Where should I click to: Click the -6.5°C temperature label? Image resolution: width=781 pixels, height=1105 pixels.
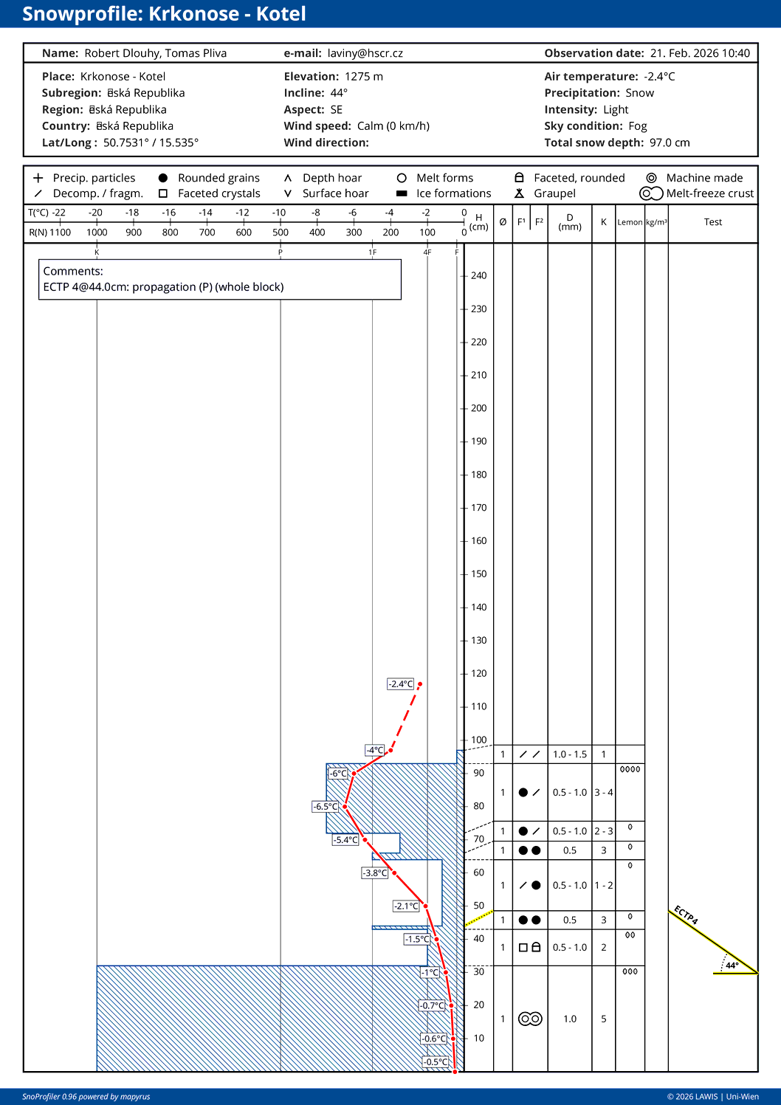(325, 807)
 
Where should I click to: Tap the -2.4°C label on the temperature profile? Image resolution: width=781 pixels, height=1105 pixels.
(400, 684)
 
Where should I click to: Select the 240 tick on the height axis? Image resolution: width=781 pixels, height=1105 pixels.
(478, 275)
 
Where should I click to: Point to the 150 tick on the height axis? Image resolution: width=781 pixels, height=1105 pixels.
(478, 574)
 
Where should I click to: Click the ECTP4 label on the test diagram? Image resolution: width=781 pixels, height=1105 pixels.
(685, 915)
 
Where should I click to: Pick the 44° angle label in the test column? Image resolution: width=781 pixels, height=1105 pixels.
(732, 965)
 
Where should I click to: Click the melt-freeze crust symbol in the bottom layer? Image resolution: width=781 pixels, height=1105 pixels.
(530, 1019)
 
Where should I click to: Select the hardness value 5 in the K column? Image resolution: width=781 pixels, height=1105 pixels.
(603, 1019)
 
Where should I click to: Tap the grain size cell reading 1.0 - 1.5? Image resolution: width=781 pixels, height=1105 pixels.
(570, 754)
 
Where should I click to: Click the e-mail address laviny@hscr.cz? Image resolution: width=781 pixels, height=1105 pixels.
(365, 53)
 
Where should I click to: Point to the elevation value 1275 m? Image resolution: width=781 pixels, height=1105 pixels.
(363, 77)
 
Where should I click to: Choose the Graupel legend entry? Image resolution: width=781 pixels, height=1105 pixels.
(554, 193)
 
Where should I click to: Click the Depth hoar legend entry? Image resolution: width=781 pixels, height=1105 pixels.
(332, 178)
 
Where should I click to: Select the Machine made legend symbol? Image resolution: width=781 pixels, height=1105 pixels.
(651, 178)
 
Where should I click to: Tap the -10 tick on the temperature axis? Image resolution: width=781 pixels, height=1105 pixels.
(279, 213)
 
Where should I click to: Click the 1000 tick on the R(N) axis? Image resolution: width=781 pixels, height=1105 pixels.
(97, 232)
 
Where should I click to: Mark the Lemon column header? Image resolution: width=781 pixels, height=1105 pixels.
(630, 222)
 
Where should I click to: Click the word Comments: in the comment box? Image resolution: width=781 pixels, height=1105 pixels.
(73, 271)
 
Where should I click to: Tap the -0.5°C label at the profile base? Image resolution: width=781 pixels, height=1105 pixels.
(436, 1062)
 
